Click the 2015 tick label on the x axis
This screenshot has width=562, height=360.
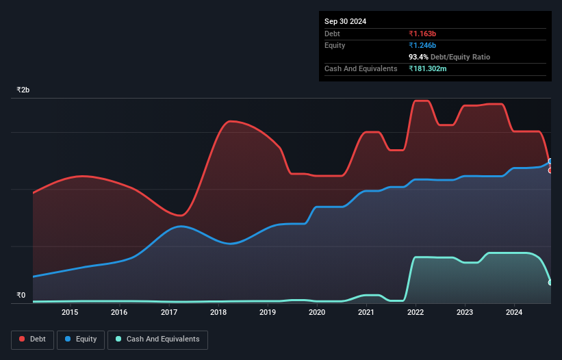[x=70, y=313]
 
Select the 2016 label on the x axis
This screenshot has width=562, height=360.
[x=119, y=313]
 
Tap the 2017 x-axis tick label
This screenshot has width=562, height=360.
[x=168, y=313]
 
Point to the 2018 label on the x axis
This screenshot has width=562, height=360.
[x=218, y=313]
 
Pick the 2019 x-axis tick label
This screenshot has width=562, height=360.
[x=268, y=313]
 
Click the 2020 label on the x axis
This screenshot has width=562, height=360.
[x=317, y=313]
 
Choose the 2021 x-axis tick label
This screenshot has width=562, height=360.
[x=366, y=313]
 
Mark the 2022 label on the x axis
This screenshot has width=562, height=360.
[x=416, y=313]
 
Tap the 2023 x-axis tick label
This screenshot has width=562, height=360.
[x=465, y=313]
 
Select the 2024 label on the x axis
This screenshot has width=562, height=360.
[x=514, y=313]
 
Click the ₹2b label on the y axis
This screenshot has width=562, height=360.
[x=23, y=90]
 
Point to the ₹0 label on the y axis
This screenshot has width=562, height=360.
[x=21, y=296]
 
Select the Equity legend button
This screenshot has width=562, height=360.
[x=81, y=339]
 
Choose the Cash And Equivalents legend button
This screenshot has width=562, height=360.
[x=157, y=339]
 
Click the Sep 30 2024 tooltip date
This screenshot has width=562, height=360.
[x=345, y=21]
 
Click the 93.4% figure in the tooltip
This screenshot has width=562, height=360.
[x=418, y=57]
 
